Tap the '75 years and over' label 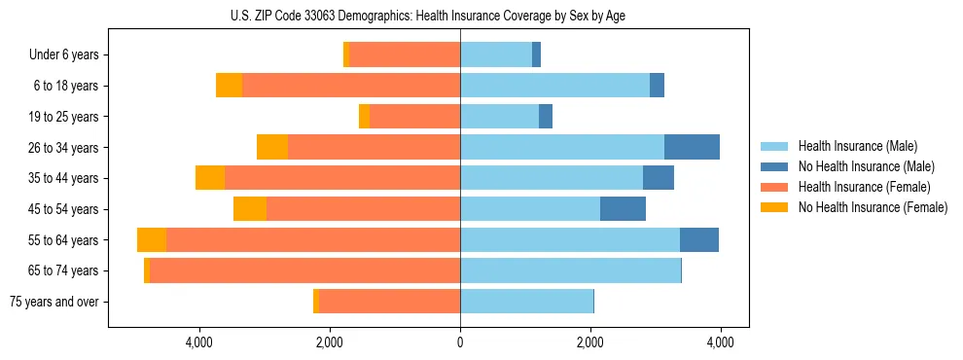click(x=54, y=302)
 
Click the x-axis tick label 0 click(x=460, y=342)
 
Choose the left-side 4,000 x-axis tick click(x=199, y=342)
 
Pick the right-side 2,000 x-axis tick click(x=590, y=342)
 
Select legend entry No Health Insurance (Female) click(x=873, y=207)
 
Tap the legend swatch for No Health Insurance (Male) click(x=774, y=166)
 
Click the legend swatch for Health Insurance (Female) click(x=774, y=187)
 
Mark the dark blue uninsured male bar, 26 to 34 click(x=692, y=147)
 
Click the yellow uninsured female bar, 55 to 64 click(x=152, y=239)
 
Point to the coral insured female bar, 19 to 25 click(x=414, y=117)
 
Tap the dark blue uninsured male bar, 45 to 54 click(x=623, y=209)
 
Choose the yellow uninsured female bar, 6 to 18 click(x=229, y=86)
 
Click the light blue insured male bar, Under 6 click(x=496, y=55)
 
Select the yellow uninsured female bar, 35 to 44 click(x=210, y=178)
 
